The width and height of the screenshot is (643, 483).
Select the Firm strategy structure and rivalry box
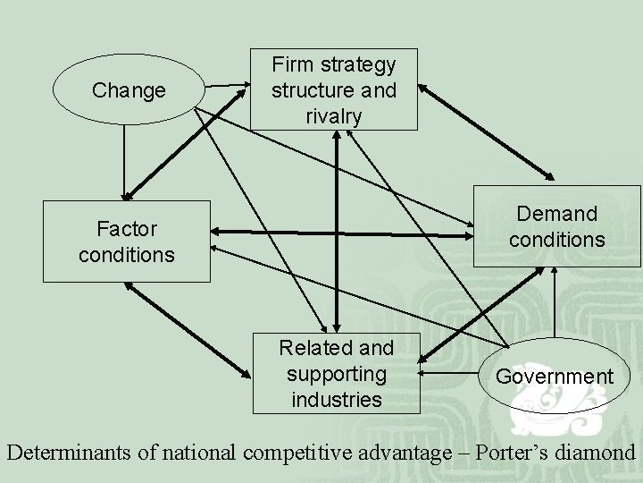pyautogui.click(x=334, y=89)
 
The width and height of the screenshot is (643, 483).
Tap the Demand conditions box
pyautogui.click(x=556, y=226)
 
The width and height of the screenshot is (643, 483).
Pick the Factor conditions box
pyautogui.click(x=126, y=241)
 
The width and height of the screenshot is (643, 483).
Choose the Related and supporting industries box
pyautogui.click(x=337, y=373)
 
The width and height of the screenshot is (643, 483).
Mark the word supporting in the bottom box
pyautogui.click(x=337, y=372)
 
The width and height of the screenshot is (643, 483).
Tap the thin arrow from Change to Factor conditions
pyautogui.click(x=124, y=161)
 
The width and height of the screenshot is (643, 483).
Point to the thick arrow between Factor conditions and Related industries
pyautogui.click(x=188, y=328)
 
